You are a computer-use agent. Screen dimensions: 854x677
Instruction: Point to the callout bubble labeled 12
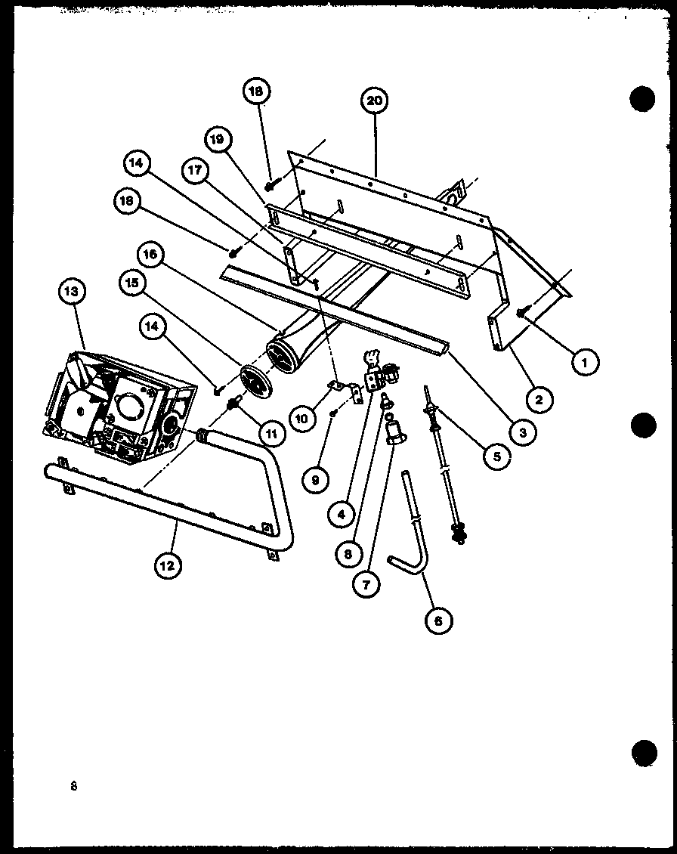pos(167,565)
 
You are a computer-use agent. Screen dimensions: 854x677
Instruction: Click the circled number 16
pos(150,255)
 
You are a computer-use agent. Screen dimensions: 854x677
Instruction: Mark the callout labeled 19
pos(216,139)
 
